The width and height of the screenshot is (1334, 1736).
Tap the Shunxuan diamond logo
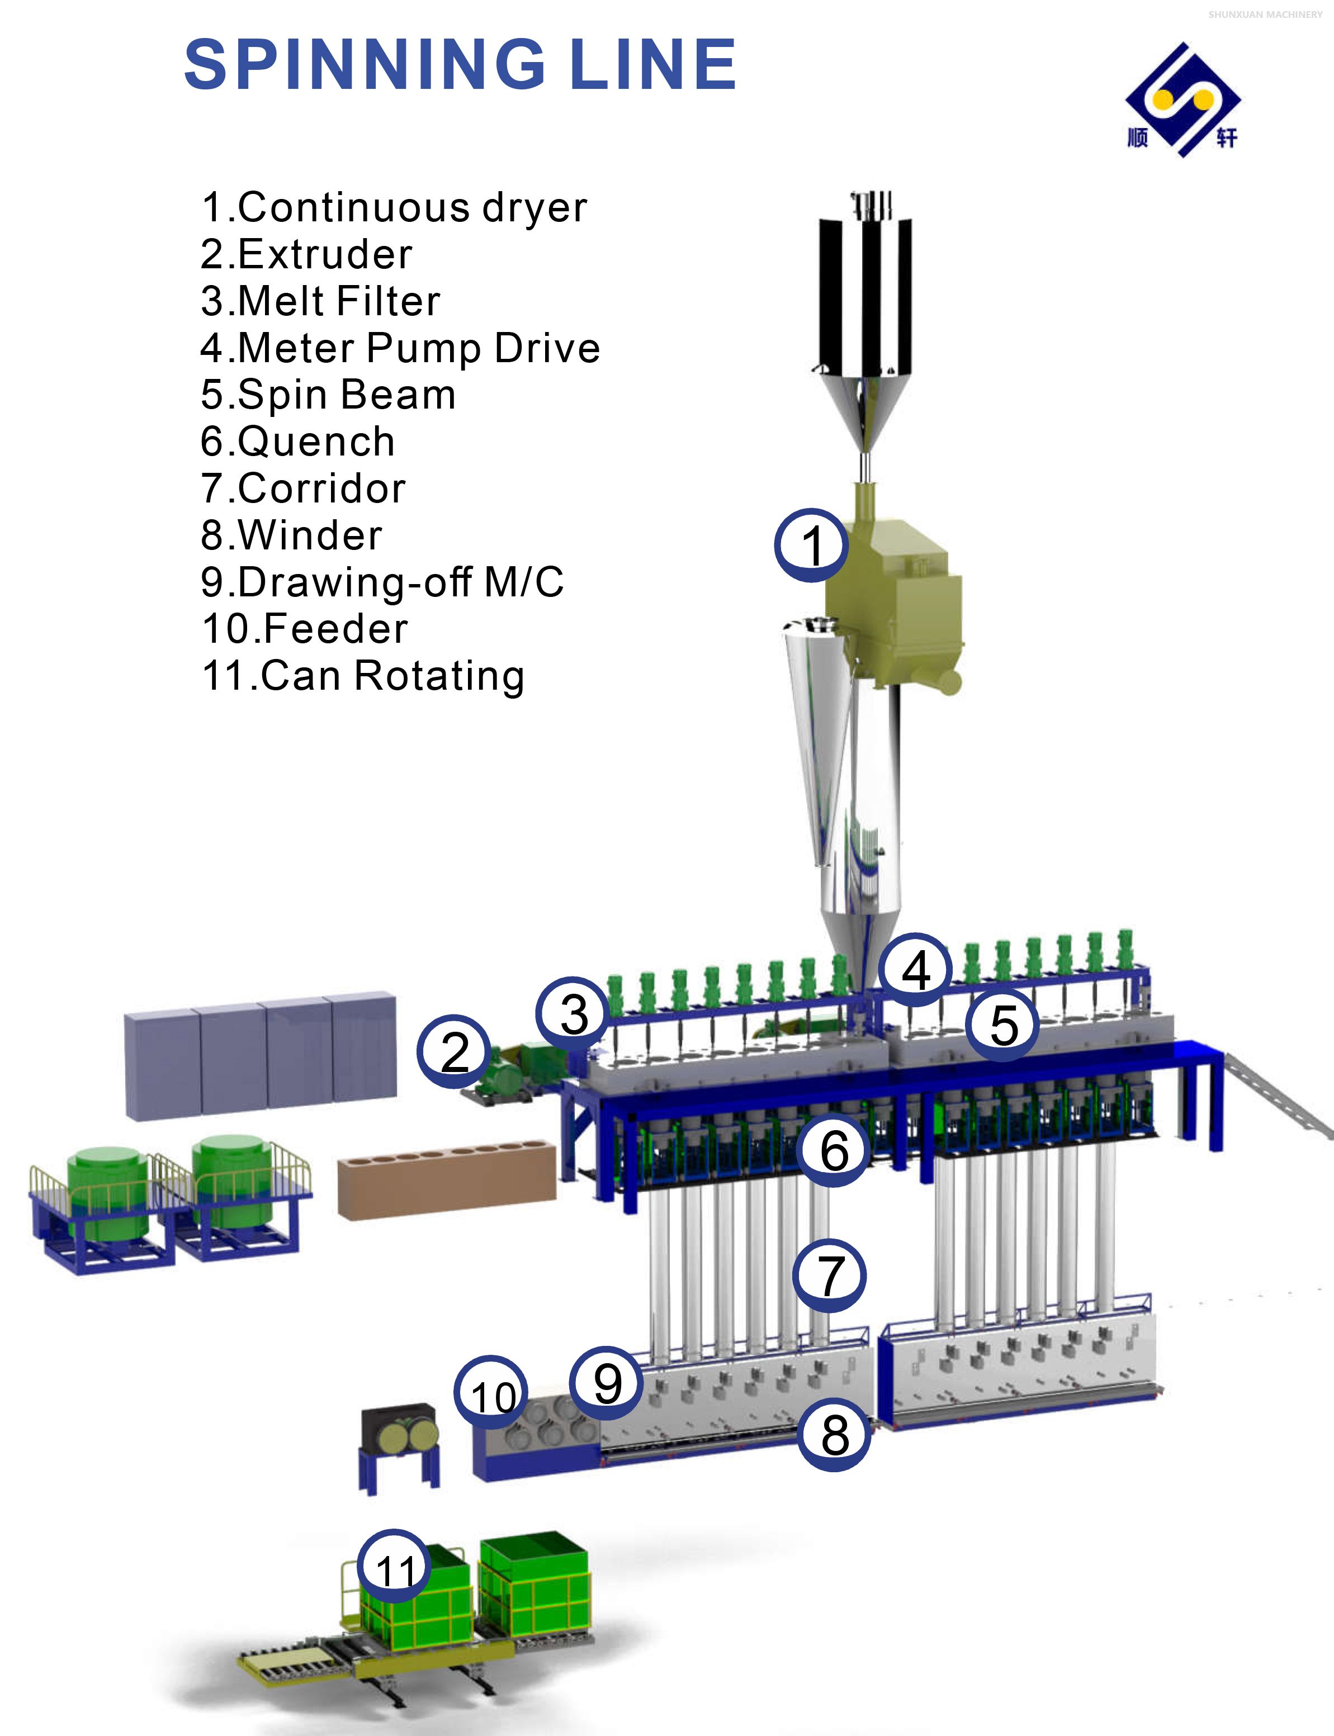1182,100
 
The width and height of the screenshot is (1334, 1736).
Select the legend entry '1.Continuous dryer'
394,208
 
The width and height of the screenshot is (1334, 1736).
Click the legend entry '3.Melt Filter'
320,302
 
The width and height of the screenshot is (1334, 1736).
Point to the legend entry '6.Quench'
298,442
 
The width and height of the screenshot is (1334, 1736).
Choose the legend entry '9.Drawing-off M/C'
382,582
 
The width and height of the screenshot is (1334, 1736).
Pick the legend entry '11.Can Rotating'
363,676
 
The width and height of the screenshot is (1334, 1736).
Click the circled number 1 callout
811,546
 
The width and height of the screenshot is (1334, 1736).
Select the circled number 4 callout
916,970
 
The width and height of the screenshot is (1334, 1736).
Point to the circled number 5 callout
1004,1024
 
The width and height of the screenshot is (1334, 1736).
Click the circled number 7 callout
830,1275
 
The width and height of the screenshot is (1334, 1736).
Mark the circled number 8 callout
834,1434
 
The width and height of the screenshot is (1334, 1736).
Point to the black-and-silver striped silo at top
865,293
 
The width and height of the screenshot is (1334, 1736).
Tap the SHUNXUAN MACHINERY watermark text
1265,15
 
